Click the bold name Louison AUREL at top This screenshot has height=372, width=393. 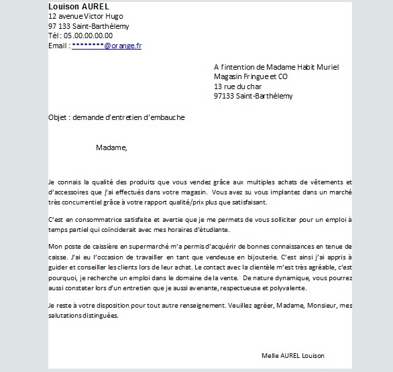click(77, 6)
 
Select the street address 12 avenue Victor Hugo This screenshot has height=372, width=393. click(86, 16)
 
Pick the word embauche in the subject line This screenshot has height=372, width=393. click(167, 117)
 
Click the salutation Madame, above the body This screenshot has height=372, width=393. click(111, 147)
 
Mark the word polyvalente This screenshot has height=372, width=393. click(286, 288)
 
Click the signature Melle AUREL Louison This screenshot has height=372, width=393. click(292, 355)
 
